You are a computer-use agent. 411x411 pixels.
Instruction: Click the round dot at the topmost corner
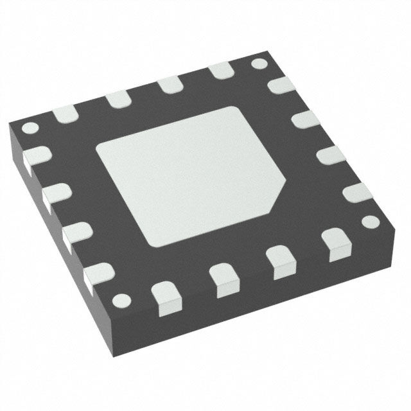(x=259, y=64)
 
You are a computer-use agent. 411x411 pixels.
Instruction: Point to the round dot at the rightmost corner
(x=370, y=222)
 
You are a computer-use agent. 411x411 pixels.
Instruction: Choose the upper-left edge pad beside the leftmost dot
(x=65, y=114)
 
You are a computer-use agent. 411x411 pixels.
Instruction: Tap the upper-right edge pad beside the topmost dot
(x=278, y=84)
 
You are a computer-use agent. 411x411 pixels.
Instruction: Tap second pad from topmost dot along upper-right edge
(x=304, y=119)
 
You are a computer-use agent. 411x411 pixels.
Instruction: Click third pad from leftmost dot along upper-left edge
(x=169, y=85)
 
